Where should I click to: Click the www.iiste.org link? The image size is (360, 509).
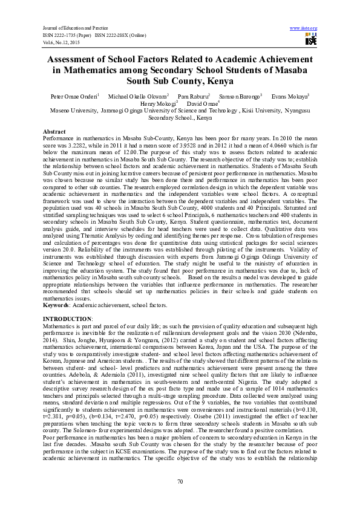pos(304,28)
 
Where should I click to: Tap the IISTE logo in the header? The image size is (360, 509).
pos(311,40)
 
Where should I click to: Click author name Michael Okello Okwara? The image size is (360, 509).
pos(137,96)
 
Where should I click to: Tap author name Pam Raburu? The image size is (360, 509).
pos(193,96)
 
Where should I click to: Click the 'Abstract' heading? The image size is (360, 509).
pos(54,131)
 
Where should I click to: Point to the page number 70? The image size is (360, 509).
pos(180,481)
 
